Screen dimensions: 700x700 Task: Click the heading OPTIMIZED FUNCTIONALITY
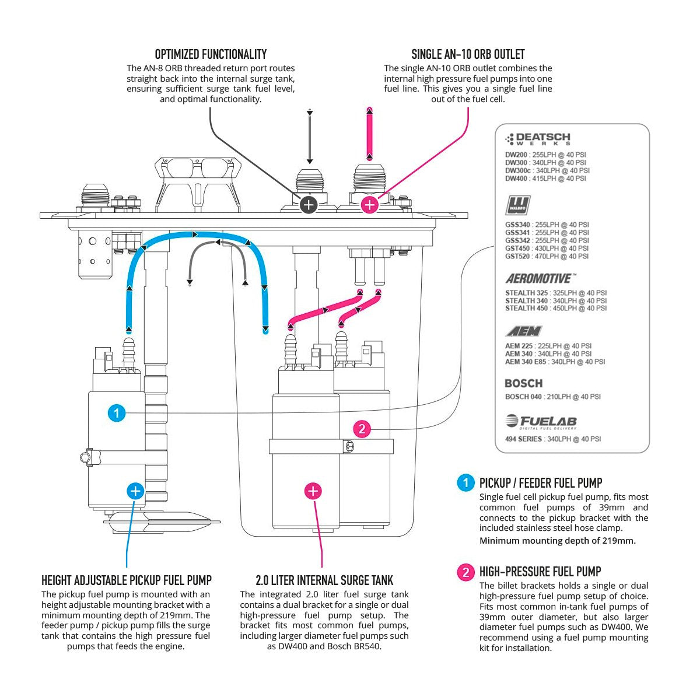tap(211, 55)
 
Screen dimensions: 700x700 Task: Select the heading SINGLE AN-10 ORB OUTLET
tap(468, 55)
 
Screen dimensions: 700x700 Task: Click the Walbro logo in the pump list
tap(517, 206)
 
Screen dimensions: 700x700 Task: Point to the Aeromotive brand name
tap(541, 279)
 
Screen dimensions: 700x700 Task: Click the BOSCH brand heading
tap(523, 383)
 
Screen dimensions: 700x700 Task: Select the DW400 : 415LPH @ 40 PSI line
tap(545, 179)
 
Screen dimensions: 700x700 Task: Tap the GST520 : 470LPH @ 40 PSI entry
tap(547, 256)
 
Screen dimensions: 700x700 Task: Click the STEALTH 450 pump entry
tap(555, 308)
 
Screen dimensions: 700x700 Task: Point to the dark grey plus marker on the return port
tap(309, 204)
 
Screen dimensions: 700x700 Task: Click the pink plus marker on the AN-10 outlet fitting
tap(369, 204)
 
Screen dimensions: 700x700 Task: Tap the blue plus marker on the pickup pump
tap(135, 491)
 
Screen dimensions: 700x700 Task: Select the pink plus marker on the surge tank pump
tap(313, 491)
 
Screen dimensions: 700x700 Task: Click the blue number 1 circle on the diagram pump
tap(117, 413)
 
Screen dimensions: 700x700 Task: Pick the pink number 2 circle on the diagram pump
tap(362, 429)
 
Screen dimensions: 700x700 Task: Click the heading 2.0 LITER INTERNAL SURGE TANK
tap(324, 580)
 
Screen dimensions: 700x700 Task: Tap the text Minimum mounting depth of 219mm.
tap(557, 540)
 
